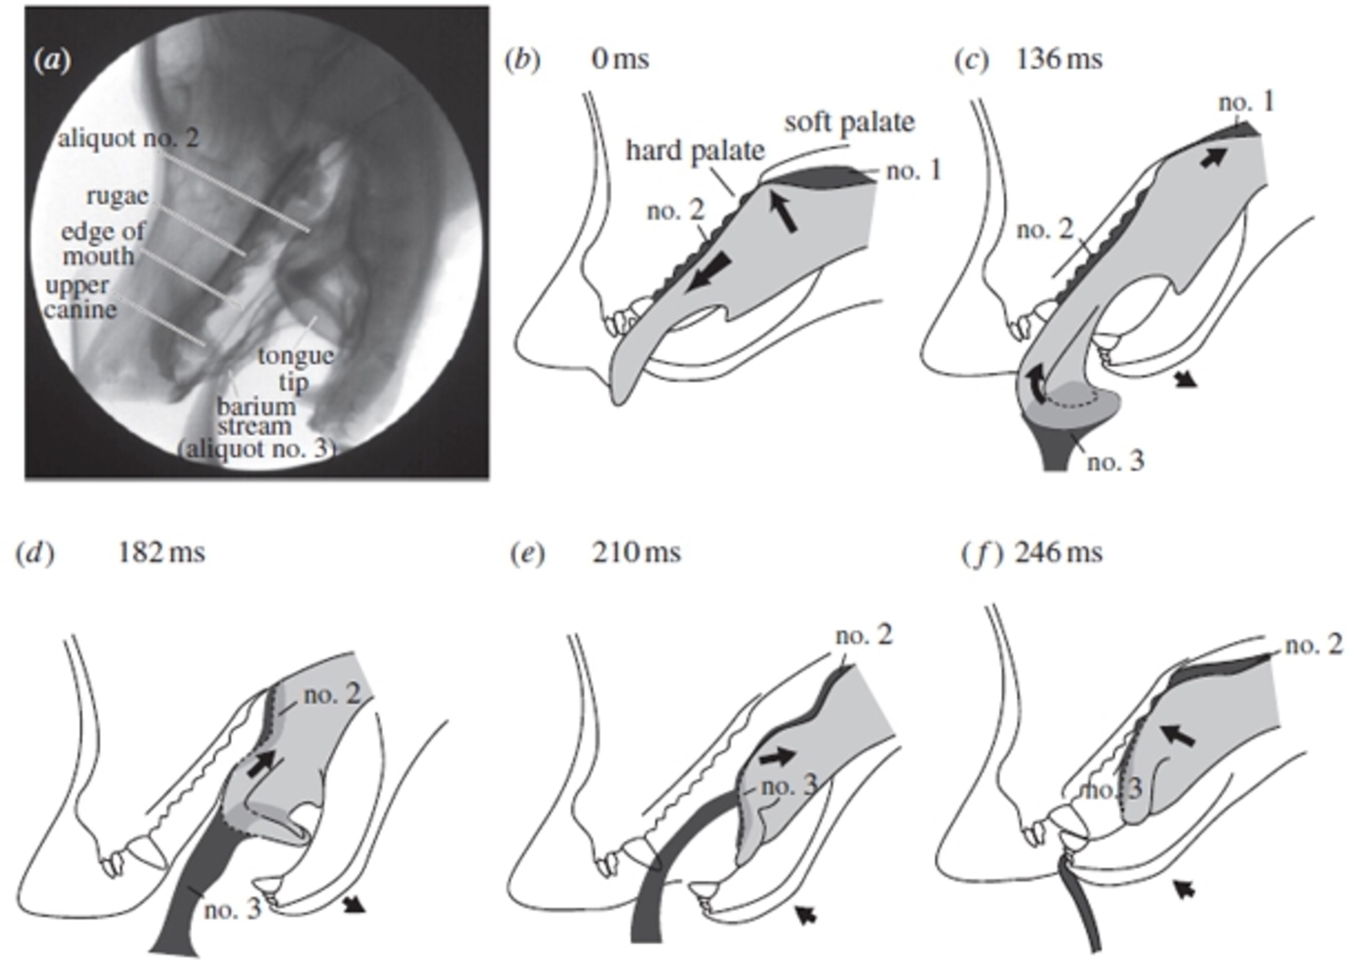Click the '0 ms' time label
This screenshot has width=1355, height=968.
click(x=620, y=60)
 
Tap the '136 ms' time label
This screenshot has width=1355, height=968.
click(x=1059, y=60)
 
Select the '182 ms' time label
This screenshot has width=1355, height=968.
click(x=161, y=553)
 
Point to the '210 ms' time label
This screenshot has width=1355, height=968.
click(x=636, y=553)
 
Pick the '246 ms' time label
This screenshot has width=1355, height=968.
click(x=1059, y=553)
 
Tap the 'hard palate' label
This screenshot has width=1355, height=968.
click(x=695, y=151)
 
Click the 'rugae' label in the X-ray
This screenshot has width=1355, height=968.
click(x=117, y=196)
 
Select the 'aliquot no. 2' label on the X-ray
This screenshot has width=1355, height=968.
click(x=128, y=139)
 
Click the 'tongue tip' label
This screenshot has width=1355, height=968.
click(x=295, y=369)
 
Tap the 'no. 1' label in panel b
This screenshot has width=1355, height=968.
click(x=913, y=171)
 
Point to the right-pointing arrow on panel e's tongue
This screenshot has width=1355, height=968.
click(x=778, y=756)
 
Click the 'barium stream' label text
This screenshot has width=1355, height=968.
click(x=255, y=417)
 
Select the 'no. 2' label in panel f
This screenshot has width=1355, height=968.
click(x=1314, y=645)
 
